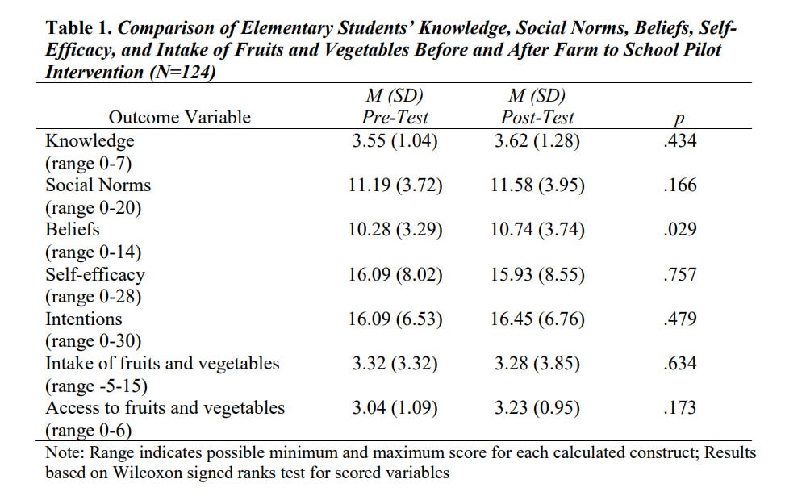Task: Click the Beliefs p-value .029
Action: (x=679, y=229)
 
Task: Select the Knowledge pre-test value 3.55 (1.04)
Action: (x=395, y=140)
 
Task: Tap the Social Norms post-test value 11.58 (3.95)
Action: (x=537, y=185)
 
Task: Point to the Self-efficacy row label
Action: (x=95, y=274)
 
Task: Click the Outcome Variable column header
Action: (x=179, y=117)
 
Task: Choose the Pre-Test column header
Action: (x=395, y=117)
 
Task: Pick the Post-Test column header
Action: (x=537, y=117)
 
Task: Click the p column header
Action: (x=679, y=119)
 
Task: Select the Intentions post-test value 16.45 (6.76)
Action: (x=537, y=319)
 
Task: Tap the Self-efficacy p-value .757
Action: (x=679, y=274)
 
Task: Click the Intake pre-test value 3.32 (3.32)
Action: (x=395, y=364)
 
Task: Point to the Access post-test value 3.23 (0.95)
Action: (x=537, y=407)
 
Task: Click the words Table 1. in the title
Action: (x=78, y=27)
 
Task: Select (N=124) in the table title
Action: (x=182, y=72)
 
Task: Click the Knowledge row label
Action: (x=90, y=140)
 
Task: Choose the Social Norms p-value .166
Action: (x=679, y=185)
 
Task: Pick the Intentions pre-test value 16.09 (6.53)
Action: (x=395, y=319)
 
